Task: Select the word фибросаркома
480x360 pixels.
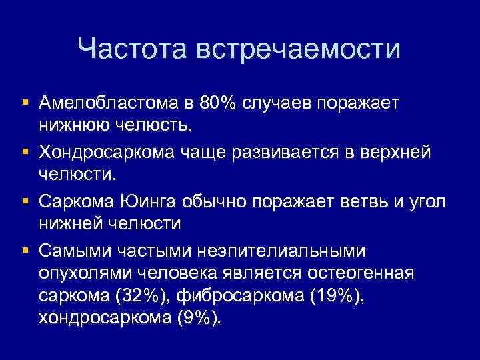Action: coord(241,296)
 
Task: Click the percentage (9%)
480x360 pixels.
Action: coord(197,319)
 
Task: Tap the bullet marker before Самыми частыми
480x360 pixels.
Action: coord(24,251)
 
